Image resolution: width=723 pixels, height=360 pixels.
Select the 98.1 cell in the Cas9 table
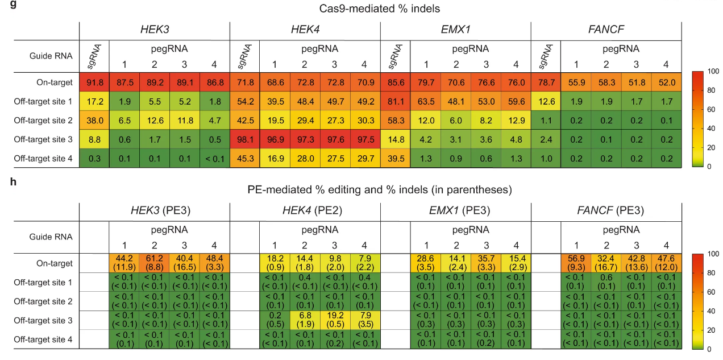pos(244,140)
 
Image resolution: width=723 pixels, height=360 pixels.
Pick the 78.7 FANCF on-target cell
pos(546,82)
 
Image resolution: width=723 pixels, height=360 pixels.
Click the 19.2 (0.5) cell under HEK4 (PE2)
pos(334,320)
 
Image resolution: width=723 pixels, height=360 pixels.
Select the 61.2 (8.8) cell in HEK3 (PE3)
pos(155,263)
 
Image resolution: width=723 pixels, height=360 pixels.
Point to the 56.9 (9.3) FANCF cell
pos(576,263)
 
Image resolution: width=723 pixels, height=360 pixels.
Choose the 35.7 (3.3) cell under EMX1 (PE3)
pos(485,263)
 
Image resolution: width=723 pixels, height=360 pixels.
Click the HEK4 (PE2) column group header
pos(304,210)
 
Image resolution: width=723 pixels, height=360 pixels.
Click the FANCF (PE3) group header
pos(606,210)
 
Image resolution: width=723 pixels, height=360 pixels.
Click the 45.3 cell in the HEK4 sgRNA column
pos(244,159)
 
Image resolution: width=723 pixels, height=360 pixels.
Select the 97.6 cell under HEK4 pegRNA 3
pos(334,140)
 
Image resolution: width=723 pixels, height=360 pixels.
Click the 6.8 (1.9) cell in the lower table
pos(305,320)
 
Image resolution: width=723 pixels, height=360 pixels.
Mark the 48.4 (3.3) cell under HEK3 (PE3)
pos(214,263)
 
